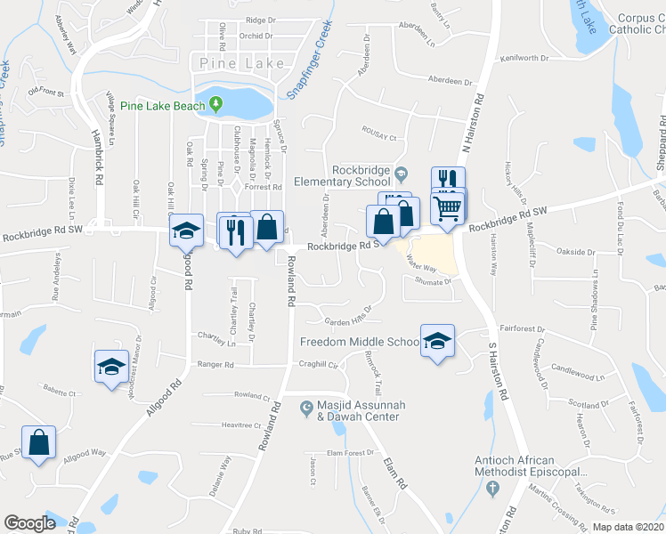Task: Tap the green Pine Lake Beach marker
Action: click(x=215, y=106)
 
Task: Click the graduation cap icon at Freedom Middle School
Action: click(x=437, y=342)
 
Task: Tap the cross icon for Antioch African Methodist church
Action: click(x=491, y=487)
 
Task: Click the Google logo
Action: click(x=29, y=523)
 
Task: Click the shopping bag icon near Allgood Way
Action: click(x=39, y=442)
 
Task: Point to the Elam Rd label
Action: click(x=394, y=472)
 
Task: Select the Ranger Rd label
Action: click(x=215, y=365)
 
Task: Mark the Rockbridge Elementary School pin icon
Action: click(x=401, y=173)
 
